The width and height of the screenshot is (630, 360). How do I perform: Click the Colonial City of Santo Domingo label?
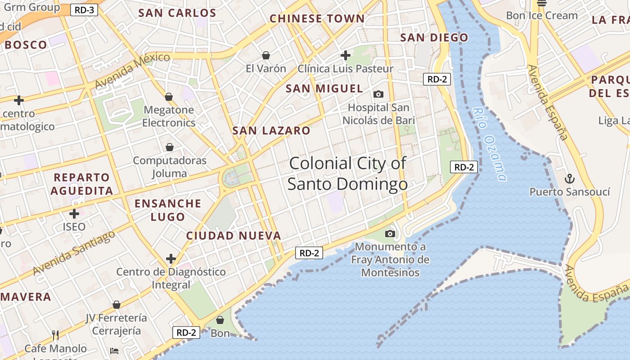(x=347, y=173)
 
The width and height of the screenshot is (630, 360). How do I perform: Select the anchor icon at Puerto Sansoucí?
(x=569, y=179)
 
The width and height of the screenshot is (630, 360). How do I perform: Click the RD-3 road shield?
(x=84, y=9)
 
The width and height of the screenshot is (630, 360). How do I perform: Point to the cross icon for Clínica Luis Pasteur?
(x=346, y=55)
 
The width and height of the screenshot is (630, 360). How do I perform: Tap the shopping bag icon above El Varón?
(x=266, y=55)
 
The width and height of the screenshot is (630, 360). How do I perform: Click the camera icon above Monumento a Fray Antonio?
(x=390, y=234)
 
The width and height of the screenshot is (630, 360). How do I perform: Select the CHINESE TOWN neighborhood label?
(x=317, y=18)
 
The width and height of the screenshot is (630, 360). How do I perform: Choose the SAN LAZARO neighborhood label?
(x=271, y=131)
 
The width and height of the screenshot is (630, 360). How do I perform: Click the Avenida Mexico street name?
(x=133, y=70)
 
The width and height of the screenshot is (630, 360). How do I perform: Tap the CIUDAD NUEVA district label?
(x=234, y=235)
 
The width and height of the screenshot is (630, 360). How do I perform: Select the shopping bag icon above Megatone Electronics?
(x=169, y=97)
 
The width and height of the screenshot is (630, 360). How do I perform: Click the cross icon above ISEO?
(x=74, y=214)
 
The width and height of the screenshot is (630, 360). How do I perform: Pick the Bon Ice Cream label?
(x=541, y=15)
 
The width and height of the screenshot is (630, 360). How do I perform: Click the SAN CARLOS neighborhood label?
(x=177, y=13)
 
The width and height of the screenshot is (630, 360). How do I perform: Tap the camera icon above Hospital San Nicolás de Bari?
(x=378, y=94)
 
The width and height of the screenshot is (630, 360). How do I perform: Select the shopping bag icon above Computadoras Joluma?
(x=170, y=147)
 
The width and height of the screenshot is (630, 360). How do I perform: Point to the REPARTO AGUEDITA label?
(x=81, y=184)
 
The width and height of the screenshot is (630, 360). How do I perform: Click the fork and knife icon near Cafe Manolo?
(x=55, y=335)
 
